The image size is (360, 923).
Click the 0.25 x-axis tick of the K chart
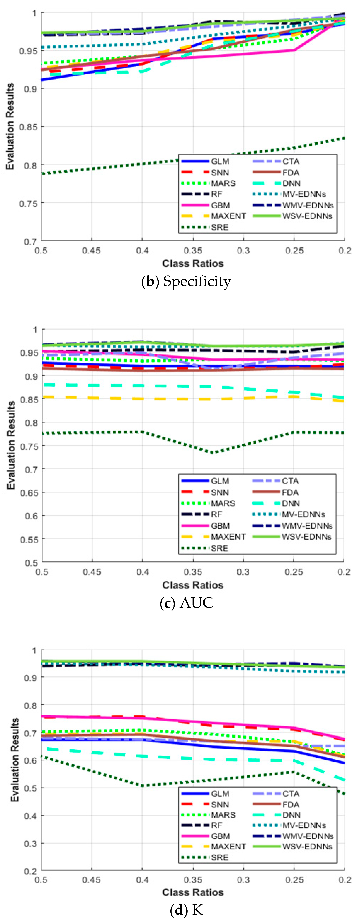click(x=294, y=880)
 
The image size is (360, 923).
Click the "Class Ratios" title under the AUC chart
click(x=193, y=585)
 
